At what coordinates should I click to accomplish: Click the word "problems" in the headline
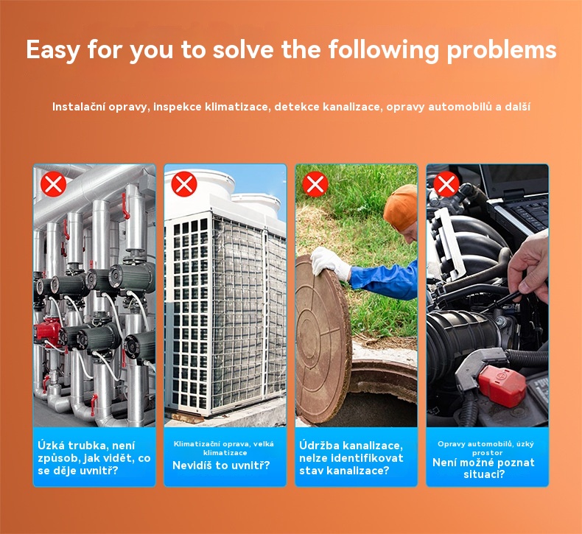click(502, 50)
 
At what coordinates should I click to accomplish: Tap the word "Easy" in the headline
click(52, 50)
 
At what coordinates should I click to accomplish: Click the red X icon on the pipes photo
click(54, 183)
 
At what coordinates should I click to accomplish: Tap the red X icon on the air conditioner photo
click(184, 183)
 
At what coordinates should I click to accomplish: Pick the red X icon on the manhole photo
click(315, 183)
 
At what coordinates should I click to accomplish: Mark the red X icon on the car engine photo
click(446, 183)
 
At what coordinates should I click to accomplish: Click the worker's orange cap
click(400, 207)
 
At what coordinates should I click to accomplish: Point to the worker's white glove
click(330, 263)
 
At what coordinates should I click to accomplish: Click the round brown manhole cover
click(322, 340)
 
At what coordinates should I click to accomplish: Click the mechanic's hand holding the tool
click(528, 264)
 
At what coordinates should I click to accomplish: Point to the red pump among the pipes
click(47, 331)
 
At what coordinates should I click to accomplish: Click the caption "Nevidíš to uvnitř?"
click(221, 466)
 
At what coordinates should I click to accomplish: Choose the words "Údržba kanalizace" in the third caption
click(351, 446)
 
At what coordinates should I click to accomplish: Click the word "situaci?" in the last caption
click(484, 474)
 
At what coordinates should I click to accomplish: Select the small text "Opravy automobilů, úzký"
click(485, 444)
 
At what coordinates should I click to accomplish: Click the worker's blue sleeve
click(386, 280)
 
